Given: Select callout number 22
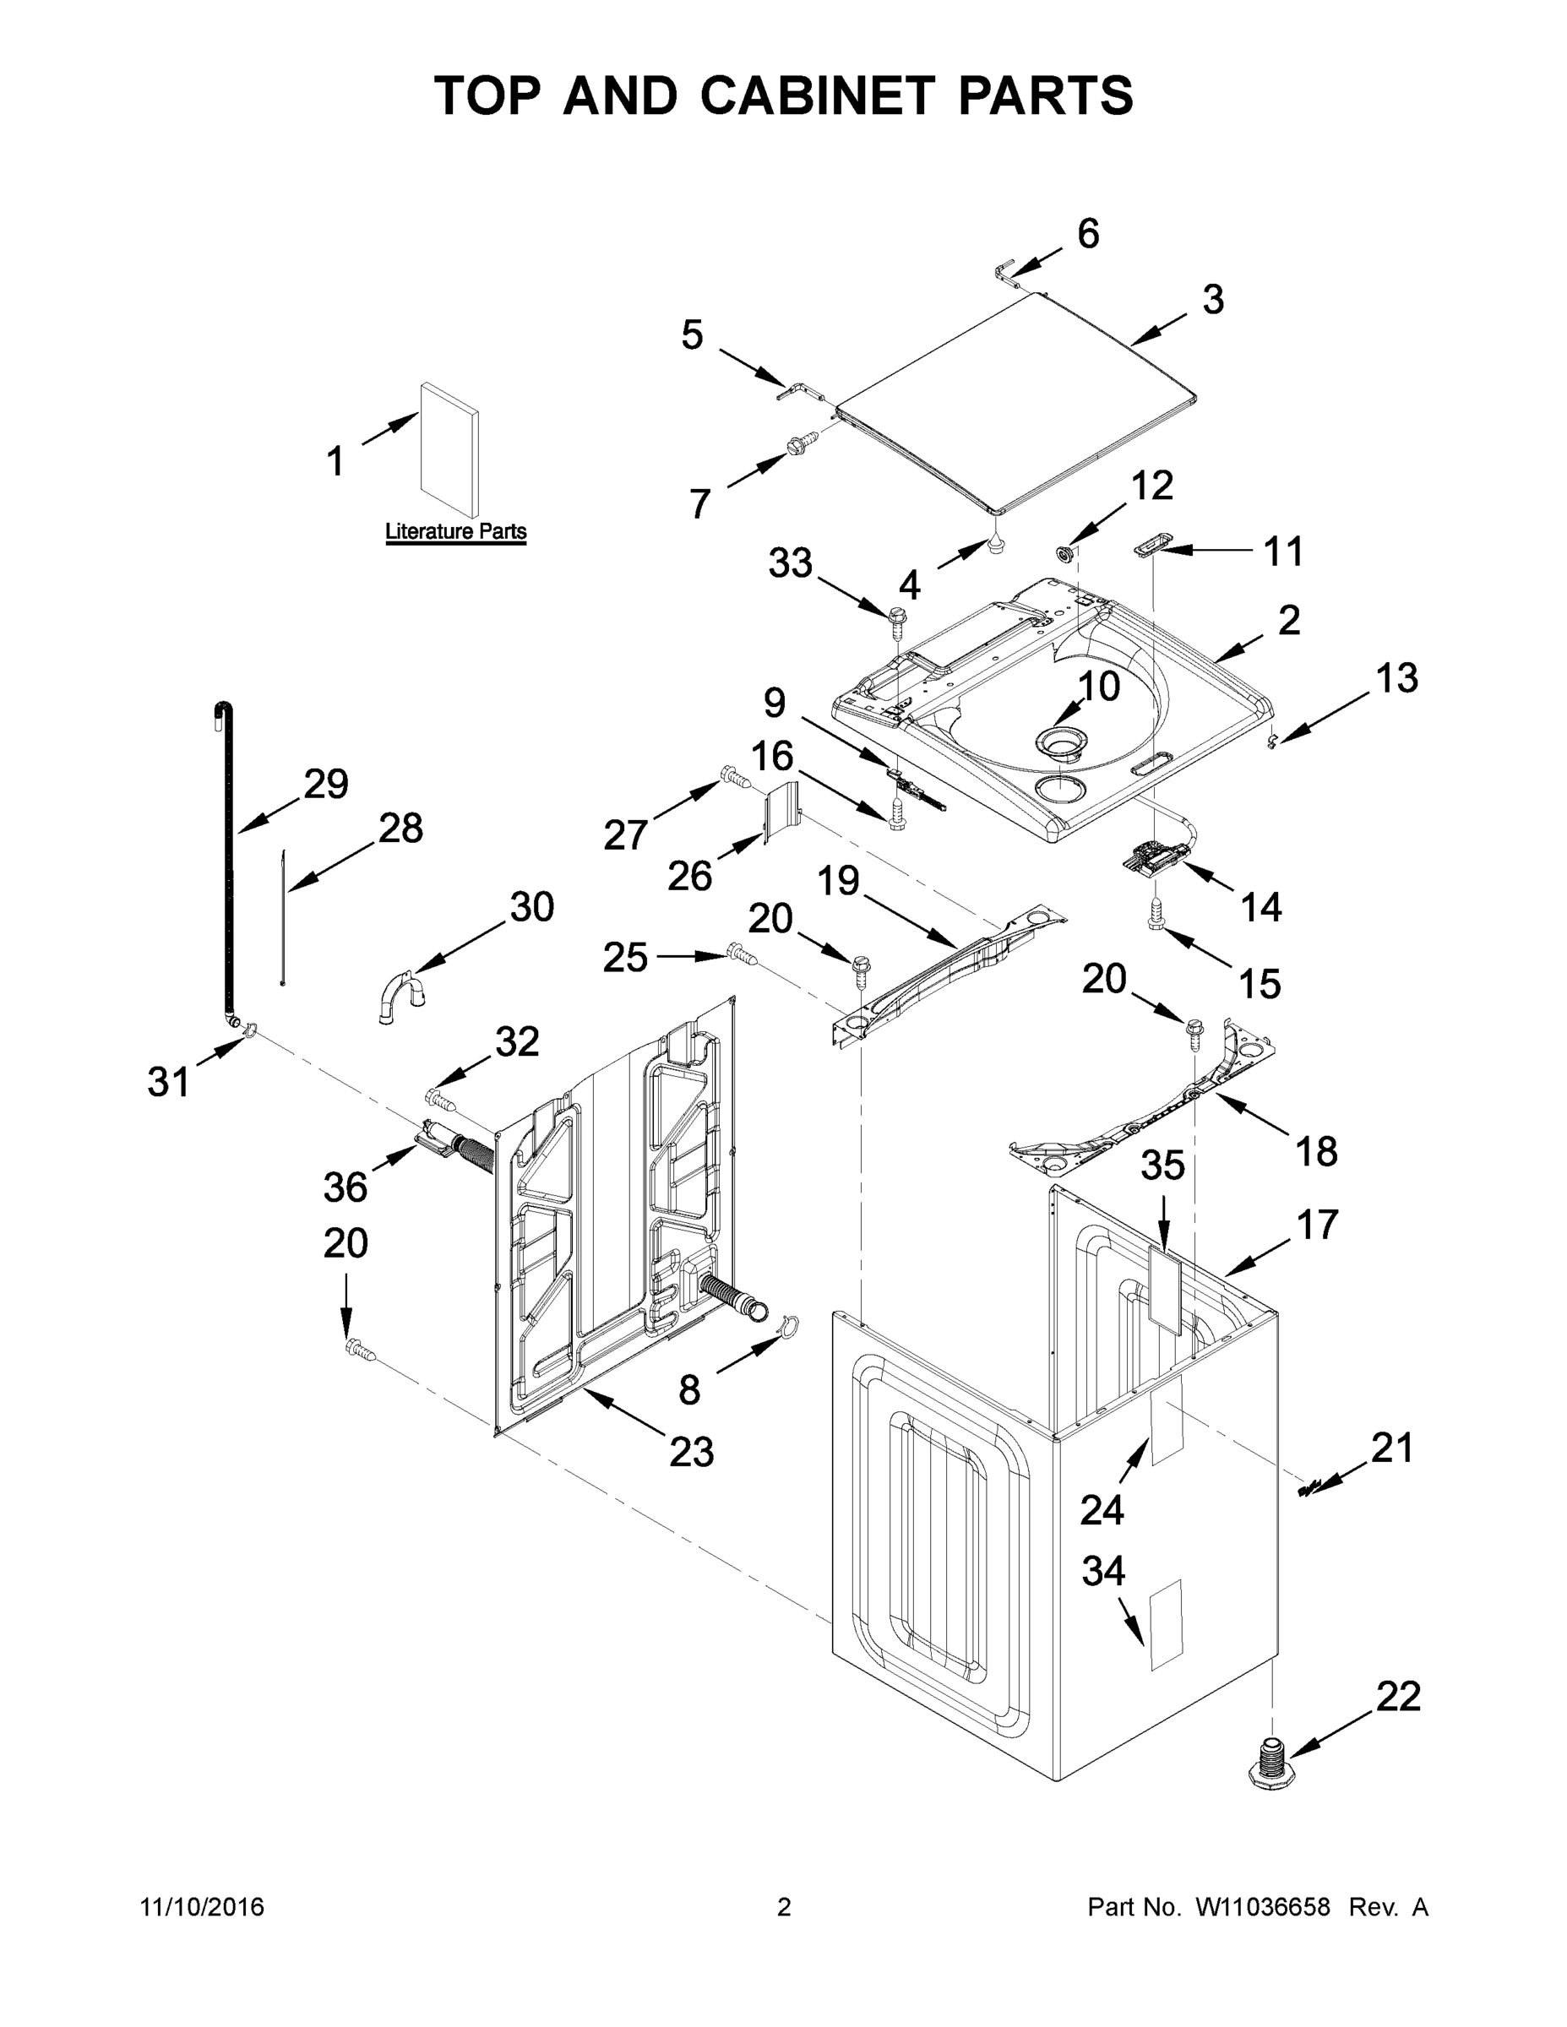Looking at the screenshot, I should [1398, 1697].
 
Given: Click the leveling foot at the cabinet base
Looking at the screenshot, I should [1270, 1760].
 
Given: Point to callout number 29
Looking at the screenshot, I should [326, 785].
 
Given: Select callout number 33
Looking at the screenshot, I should [790, 562].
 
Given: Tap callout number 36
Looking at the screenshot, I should [346, 1186].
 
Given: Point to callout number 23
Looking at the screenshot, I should [692, 1452].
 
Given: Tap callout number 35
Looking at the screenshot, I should [1162, 1166].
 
